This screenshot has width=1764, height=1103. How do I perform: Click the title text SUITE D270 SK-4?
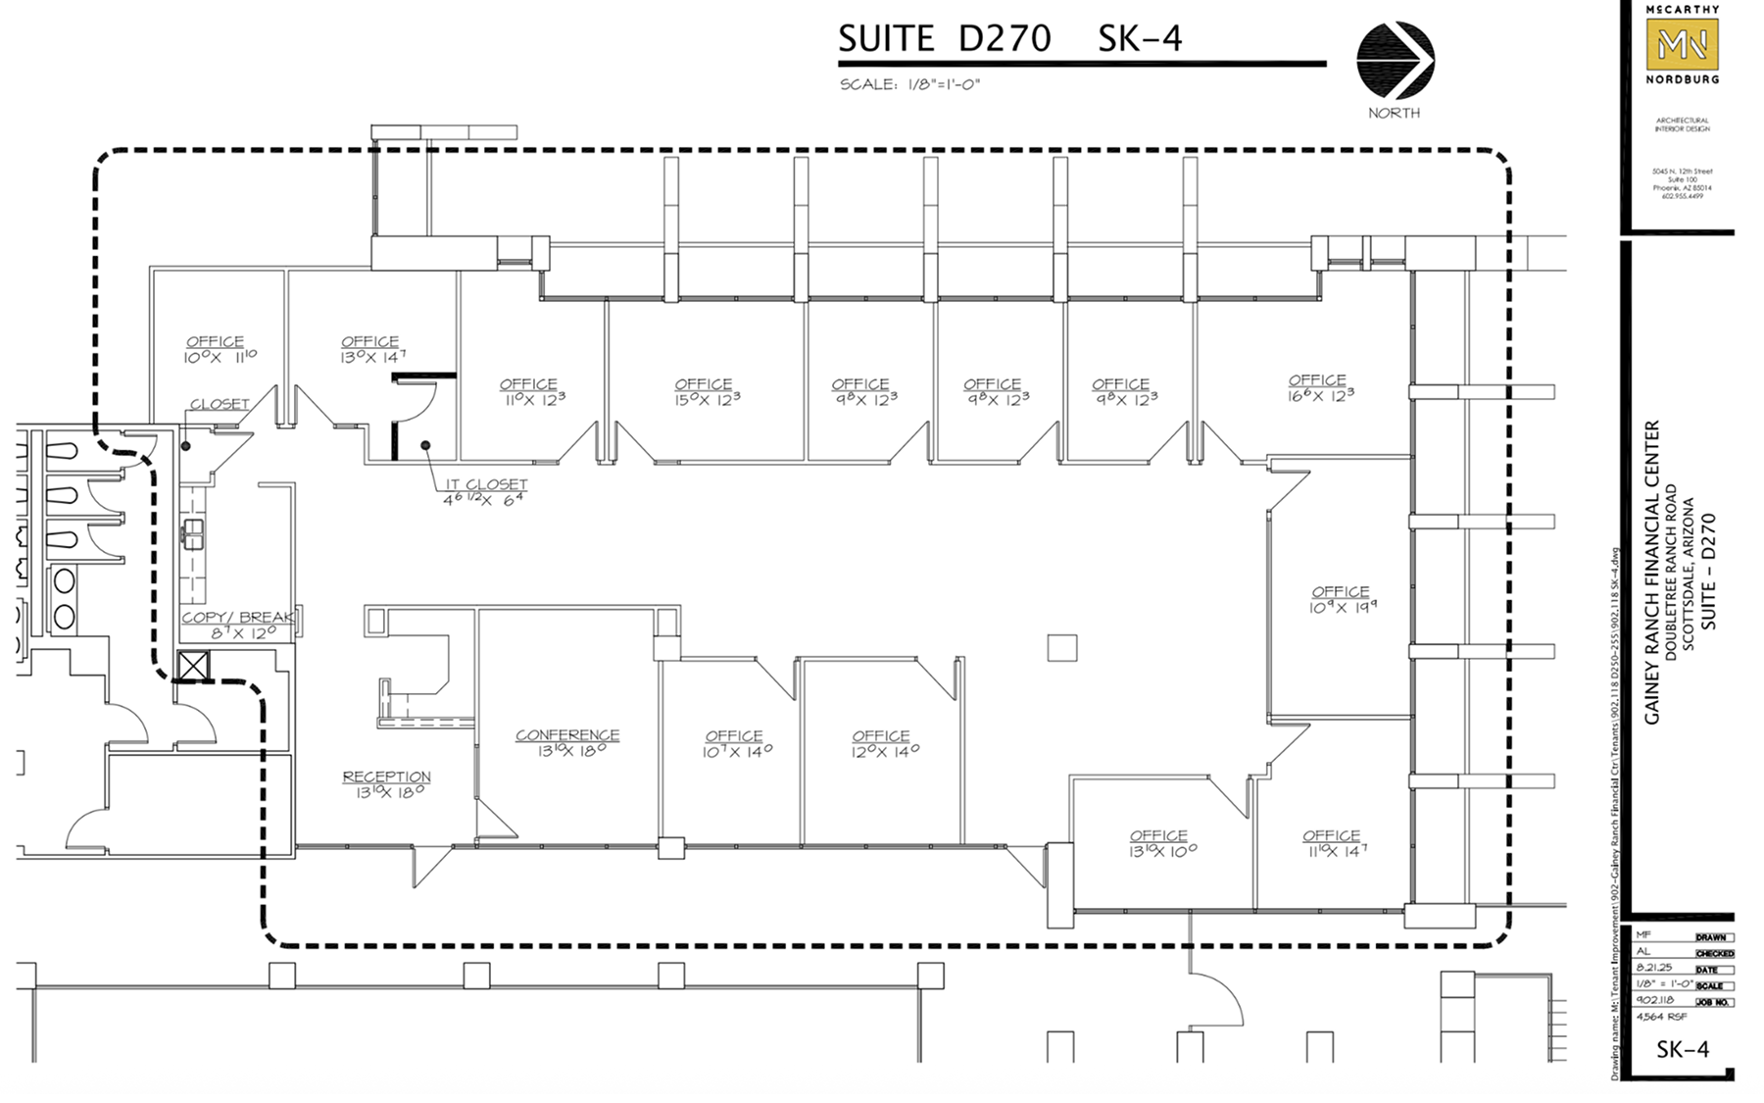pyautogui.click(x=1009, y=39)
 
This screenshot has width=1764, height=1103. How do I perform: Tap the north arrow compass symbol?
pyautogui.click(x=1396, y=60)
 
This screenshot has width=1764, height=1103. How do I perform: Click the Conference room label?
pyautogui.click(x=567, y=742)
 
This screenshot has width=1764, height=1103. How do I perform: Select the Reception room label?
pyautogui.click(x=387, y=783)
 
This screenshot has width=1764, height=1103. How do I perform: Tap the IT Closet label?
pyautogui.click(x=485, y=491)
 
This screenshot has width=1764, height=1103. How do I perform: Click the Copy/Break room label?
pyautogui.click(x=238, y=625)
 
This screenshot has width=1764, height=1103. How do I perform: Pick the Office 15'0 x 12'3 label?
pyautogui.click(x=703, y=391)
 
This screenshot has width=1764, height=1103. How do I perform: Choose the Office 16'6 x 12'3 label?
pyautogui.click(x=1318, y=387)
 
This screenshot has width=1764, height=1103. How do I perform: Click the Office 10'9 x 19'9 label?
pyautogui.click(x=1340, y=599)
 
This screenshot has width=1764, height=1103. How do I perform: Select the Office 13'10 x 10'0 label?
pyautogui.click(x=1159, y=843)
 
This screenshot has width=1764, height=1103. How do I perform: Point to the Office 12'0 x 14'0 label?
pyautogui.click(x=881, y=743)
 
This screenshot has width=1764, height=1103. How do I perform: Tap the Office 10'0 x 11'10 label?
pyautogui.click(x=217, y=349)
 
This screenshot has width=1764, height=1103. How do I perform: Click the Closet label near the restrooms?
pyautogui.click(x=220, y=404)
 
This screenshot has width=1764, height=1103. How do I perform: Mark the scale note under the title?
pyautogui.click(x=909, y=85)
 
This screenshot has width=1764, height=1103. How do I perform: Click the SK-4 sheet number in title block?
pyautogui.click(x=1683, y=1049)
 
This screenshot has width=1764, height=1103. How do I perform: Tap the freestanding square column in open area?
pyautogui.click(x=1061, y=647)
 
